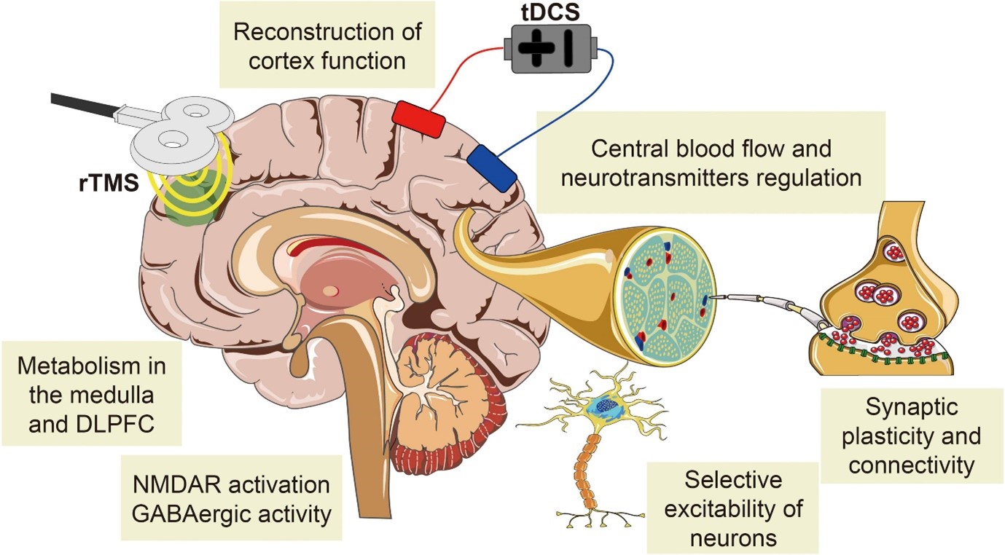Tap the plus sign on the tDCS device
click(533, 49)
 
